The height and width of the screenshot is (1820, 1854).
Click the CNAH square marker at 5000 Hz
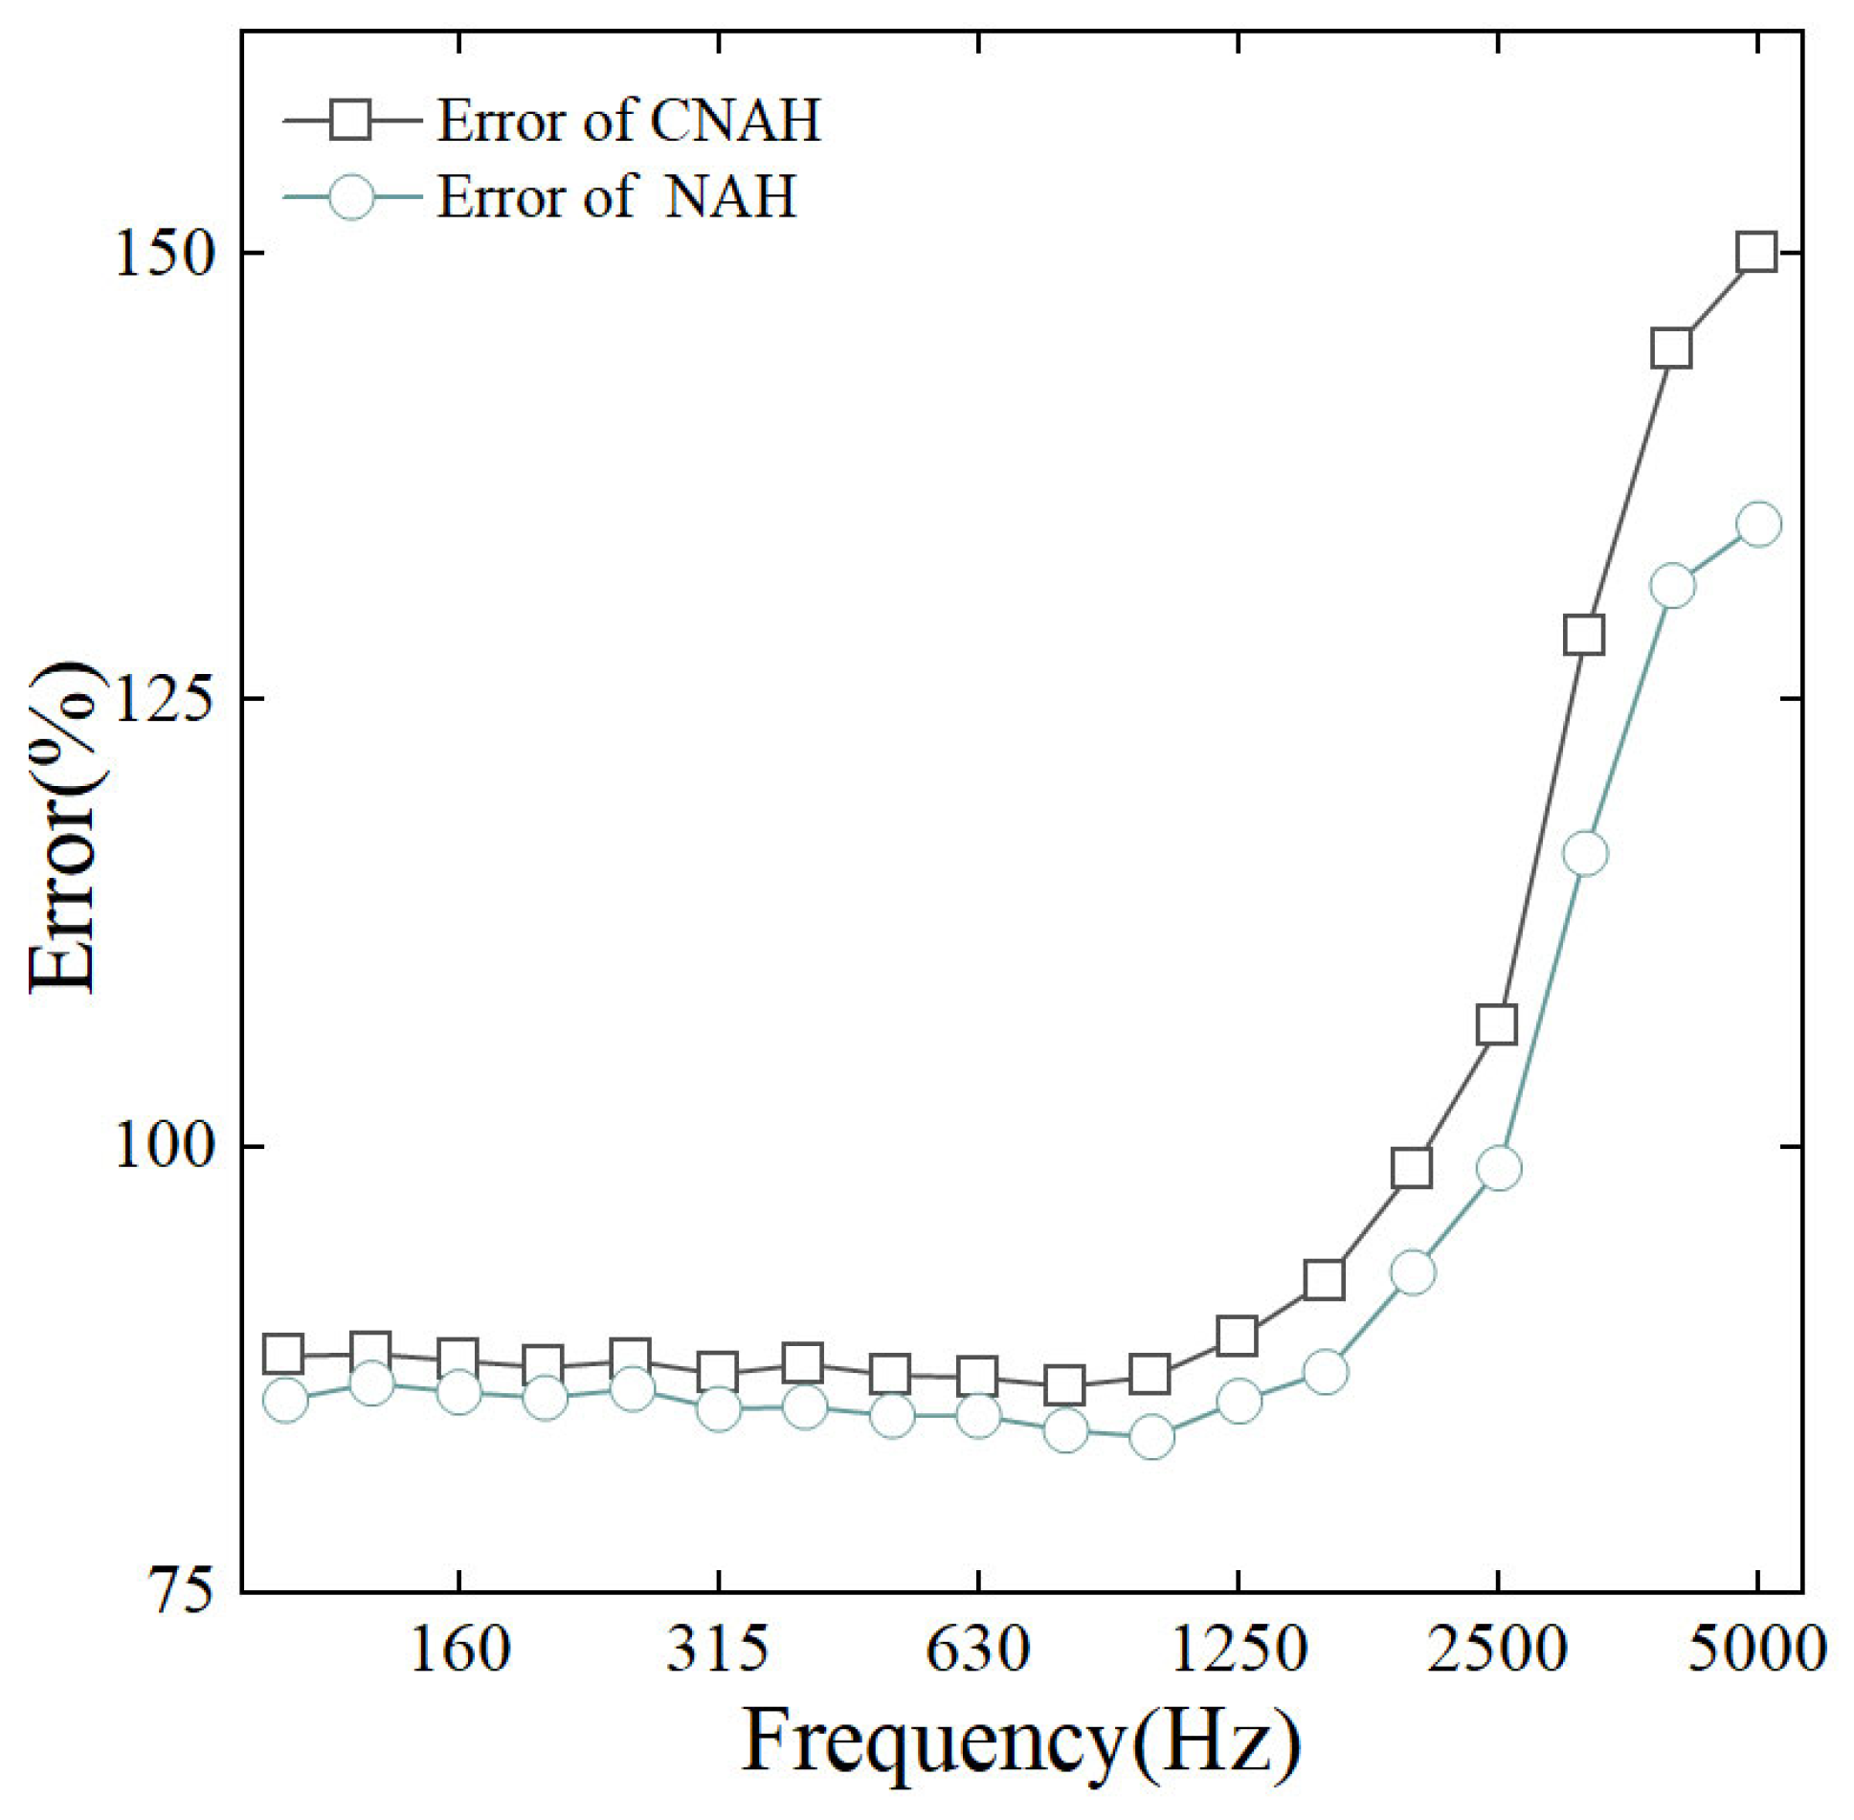coord(1757,253)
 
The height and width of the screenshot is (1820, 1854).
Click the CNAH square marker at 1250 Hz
coord(1237,1336)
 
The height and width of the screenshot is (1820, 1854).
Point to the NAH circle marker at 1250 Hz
coord(1239,1402)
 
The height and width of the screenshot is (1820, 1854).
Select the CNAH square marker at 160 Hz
coord(458,1359)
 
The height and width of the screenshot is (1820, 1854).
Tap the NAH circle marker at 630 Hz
coord(978,1415)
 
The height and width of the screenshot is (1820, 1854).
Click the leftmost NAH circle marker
coord(285,1401)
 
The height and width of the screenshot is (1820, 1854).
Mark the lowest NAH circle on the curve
coord(1151,1437)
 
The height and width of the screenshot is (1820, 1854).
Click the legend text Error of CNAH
coord(629,122)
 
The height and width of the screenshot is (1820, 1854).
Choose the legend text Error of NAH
coord(616,197)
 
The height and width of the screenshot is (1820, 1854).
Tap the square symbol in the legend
coord(351,121)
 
